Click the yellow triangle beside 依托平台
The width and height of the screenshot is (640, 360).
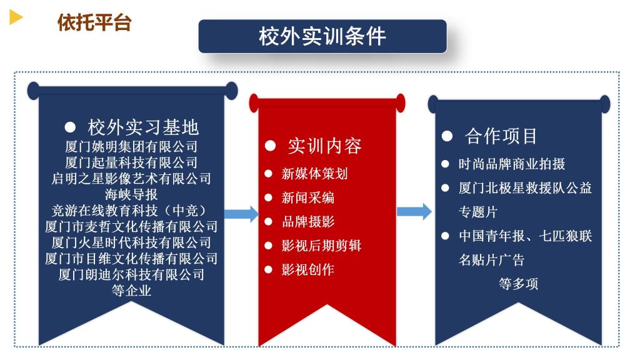tap(16, 17)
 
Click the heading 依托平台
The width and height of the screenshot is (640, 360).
tap(94, 22)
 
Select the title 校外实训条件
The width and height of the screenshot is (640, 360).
tap(322, 36)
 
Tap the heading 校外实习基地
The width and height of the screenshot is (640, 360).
tap(143, 127)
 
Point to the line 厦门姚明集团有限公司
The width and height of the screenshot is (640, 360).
tap(131, 146)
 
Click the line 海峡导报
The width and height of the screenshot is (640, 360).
tap(131, 194)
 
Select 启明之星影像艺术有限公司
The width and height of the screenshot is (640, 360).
tap(131, 178)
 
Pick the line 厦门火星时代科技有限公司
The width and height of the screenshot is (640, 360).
tap(131, 242)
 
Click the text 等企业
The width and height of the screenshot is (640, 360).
tap(131, 291)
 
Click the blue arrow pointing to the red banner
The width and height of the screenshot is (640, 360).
tap(241, 214)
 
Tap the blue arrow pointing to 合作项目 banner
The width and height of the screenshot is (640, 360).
tap(414, 211)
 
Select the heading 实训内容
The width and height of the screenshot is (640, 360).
tap(325, 146)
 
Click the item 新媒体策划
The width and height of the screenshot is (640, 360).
tap(315, 174)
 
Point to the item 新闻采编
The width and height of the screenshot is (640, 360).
tap(308, 197)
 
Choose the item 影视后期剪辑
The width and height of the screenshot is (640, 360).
tap(321, 245)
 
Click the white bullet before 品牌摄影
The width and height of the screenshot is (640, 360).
tap(268, 222)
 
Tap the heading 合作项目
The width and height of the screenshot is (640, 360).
tap(501, 136)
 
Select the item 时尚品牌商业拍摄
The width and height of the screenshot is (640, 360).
tap(512, 164)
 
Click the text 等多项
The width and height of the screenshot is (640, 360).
tap(518, 283)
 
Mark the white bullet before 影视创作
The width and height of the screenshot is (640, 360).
tap(268, 269)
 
